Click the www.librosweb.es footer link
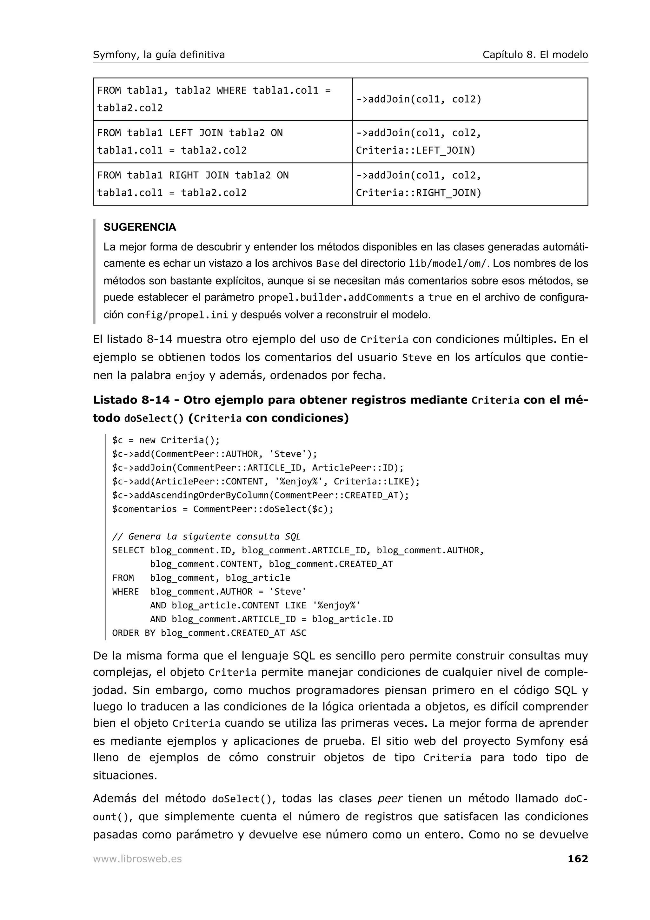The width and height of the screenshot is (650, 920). tap(137, 859)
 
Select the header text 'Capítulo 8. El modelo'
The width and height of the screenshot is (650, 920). tap(535, 55)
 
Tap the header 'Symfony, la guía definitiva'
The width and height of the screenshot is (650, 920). tap(159, 55)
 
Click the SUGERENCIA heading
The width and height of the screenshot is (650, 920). tap(140, 227)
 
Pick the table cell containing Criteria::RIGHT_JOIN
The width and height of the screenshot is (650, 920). tap(469, 184)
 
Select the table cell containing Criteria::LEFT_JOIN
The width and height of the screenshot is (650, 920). tap(469, 142)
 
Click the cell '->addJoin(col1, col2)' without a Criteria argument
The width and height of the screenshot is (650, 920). tap(469, 99)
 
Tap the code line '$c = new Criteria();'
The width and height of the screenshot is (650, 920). tap(166, 440)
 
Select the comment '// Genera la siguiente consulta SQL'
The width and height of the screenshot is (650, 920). tap(206, 536)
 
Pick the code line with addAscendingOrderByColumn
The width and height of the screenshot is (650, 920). tap(260, 495)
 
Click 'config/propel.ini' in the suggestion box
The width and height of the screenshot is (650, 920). tap(177, 315)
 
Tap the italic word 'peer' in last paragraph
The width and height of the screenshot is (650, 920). tap(390, 799)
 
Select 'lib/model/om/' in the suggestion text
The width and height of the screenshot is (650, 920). tap(448, 264)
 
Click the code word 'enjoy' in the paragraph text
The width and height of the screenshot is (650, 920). tap(190, 376)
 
